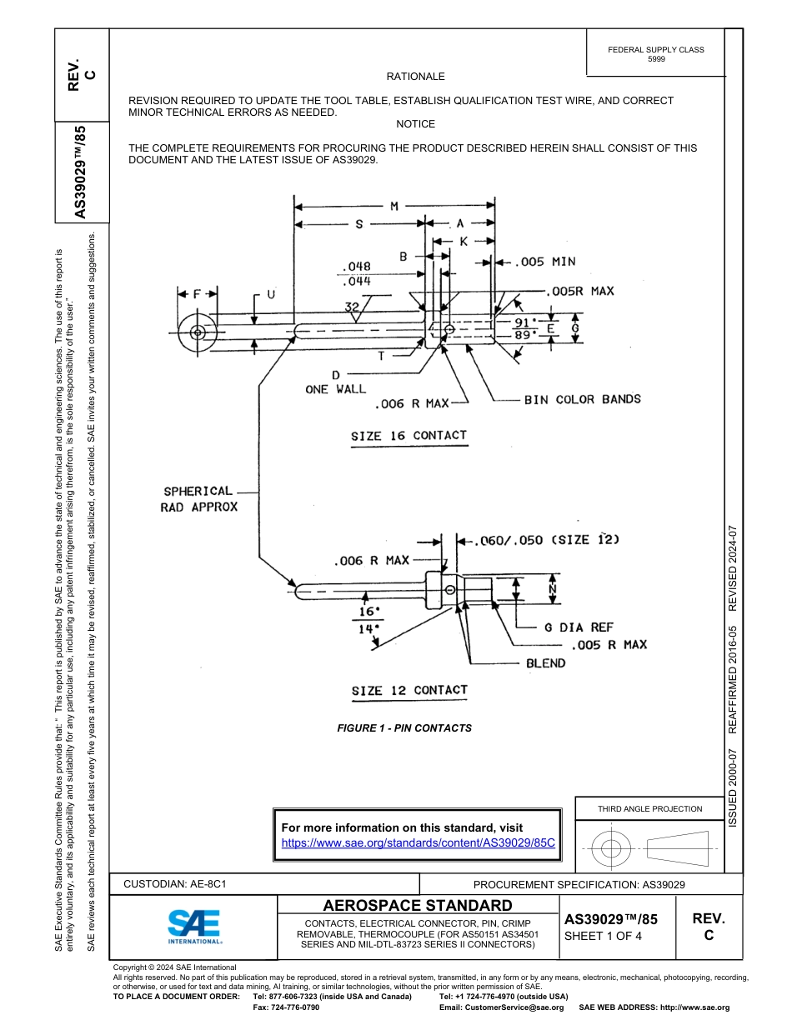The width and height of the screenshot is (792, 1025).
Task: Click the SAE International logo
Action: click(194, 924)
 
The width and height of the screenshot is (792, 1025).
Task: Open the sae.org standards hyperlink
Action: click(418, 842)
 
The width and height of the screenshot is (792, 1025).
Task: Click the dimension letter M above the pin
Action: click(394, 206)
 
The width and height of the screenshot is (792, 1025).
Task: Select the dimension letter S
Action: click(359, 224)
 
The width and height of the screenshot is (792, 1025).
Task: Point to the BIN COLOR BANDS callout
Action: click(582, 399)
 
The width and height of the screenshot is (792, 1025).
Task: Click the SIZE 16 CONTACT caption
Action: click(409, 436)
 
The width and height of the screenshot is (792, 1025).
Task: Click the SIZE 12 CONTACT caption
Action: click(409, 690)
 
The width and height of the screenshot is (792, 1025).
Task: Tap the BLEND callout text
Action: click(545, 663)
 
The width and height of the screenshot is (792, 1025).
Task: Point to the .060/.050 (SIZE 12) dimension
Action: click(547, 540)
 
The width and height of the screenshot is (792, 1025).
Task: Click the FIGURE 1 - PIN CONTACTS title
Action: click(404, 728)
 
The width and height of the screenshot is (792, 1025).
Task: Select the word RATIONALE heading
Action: click(416, 77)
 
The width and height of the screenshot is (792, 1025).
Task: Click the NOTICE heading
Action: click(416, 124)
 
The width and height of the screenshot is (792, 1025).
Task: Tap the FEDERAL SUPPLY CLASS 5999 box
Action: click(656, 54)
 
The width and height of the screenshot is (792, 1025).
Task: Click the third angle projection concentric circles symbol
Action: click(611, 849)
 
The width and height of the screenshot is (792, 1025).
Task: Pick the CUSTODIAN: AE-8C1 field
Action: click(175, 884)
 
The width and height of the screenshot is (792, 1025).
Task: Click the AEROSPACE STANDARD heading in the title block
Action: click(418, 906)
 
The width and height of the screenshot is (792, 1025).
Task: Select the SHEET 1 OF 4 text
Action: click(604, 936)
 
